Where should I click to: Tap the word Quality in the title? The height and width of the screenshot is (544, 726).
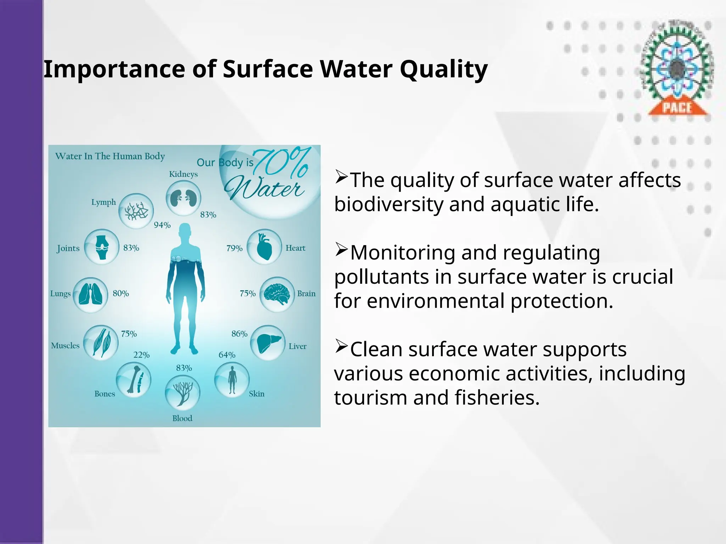click(444, 69)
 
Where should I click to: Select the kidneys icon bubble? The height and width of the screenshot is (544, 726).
click(183, 198)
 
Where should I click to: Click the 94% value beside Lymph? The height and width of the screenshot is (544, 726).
click(162, 225)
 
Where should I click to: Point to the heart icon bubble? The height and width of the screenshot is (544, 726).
click(264, 246)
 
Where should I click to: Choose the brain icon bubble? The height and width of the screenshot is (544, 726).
click(277, 294)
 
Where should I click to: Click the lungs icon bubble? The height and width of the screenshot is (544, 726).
click(90, 295)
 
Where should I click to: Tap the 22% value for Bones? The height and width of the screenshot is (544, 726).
click(141, 355)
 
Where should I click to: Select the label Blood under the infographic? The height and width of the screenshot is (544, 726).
click(182, 418)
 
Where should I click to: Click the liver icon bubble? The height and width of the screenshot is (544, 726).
click(268, 342)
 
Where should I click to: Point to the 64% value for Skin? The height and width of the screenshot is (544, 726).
click(227, 355)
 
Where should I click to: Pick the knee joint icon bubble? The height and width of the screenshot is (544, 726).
click(102, 246)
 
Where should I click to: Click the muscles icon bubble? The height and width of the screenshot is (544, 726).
click(101, 342)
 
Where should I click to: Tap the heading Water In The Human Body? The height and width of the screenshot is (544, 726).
click(110, 156)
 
